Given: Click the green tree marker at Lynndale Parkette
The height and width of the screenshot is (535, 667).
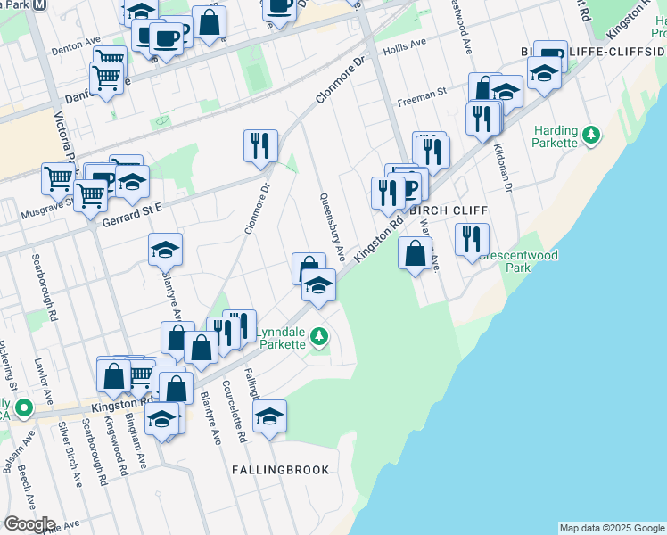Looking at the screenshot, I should click(x=320, y=337).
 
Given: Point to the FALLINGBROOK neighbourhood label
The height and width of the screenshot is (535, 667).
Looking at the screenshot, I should click(x=280, y=469).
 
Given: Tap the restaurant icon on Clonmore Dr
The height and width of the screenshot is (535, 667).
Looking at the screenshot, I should click(x=260, y=144).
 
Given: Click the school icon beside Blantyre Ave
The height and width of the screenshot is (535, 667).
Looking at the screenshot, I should click(x=166, y=250).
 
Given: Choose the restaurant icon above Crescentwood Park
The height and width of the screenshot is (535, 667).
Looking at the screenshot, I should click(x=472, y=238).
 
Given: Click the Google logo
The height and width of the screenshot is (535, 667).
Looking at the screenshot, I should click(x=29, y=524).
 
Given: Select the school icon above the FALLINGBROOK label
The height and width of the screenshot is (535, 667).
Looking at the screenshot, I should click(x=269, y=416).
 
